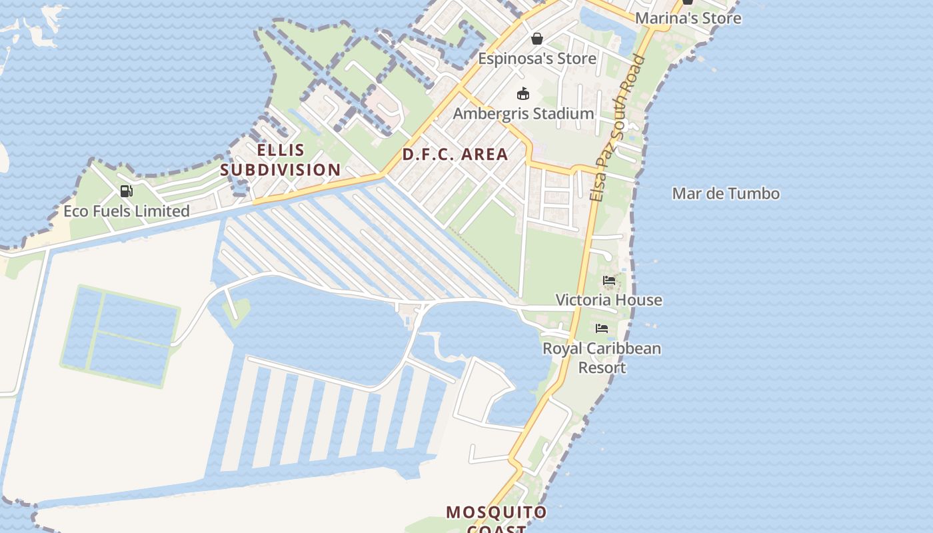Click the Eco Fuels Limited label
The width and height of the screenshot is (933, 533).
coord(127,211)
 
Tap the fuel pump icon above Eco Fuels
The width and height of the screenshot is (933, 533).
coord(126,192)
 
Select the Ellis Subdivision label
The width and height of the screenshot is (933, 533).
coord(281,160)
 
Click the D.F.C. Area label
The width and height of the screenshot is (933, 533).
coord(455,155)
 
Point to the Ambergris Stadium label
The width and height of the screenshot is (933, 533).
coord(523,114)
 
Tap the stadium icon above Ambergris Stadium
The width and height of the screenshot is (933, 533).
coord(523,94)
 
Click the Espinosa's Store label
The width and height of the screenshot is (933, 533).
coord(537,59)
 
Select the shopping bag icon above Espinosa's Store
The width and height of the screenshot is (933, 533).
coord(536,39)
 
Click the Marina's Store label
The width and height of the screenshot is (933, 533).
coord(688,18)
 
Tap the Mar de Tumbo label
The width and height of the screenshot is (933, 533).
coord(726,194)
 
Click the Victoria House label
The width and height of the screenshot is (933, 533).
coord(609,300)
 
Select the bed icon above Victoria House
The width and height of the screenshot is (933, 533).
coord(609,280)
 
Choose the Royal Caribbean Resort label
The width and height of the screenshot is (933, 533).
coord(602,358)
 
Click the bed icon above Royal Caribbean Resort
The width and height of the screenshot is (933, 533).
coord(602,328)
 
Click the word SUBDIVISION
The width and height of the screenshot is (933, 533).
coord(281,170)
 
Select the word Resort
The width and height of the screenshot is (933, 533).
coord(602,368)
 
